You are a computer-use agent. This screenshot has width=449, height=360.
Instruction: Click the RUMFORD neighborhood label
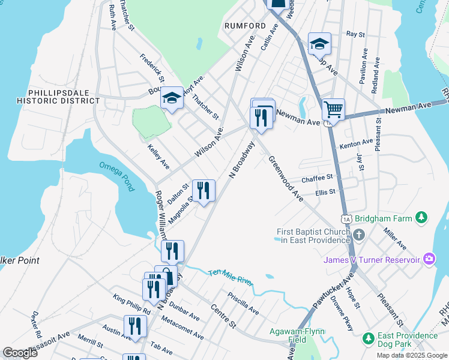[244, 26]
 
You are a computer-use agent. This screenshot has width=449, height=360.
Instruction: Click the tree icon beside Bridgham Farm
[422, 217]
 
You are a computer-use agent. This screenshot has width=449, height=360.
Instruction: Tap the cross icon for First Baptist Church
[359, 234]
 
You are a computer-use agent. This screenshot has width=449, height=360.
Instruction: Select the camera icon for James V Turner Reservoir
[429, 259]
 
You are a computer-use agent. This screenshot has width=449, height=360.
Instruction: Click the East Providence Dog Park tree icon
[369, 338]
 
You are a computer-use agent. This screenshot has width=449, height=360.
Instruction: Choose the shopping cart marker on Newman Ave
[333, 110]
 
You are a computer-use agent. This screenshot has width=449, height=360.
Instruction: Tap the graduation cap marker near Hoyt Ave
[172, 98]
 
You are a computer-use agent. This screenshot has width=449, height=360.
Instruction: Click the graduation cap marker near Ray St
[319, 44]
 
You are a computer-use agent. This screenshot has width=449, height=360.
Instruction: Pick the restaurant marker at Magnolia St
[203, 191]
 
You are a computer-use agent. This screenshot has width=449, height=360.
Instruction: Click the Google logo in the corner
[20, 353]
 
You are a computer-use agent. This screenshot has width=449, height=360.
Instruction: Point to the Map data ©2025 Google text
[411, 355]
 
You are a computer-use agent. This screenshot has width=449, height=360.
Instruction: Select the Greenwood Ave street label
[286, 179]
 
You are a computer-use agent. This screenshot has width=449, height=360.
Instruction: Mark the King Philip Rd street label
[131, 306]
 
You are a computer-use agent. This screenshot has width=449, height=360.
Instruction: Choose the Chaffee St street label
[317, 178]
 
